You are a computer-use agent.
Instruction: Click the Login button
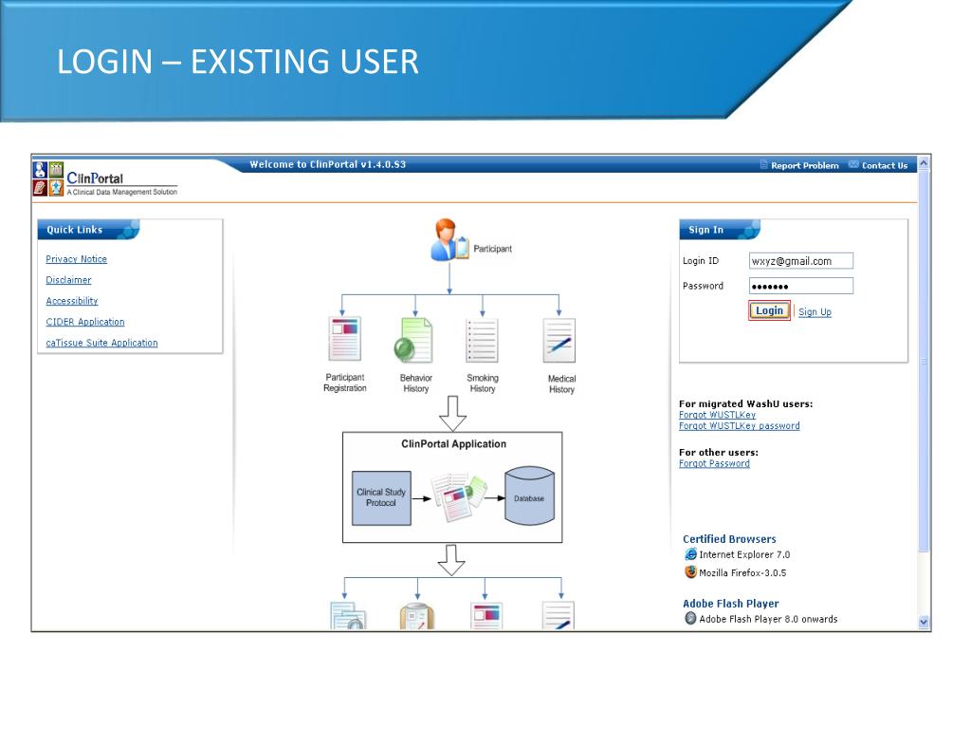click(769, 310)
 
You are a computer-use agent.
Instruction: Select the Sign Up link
click(815, 312)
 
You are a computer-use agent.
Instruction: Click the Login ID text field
click(800, 261)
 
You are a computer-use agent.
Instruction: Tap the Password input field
click(800, 286)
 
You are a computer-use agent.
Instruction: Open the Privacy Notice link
click(76, 259)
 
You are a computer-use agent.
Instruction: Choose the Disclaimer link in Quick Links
click(68, 280)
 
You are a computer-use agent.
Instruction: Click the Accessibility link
click(71, 301)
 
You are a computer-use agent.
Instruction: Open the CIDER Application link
click(84, 322)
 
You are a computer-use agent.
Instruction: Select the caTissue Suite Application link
click(101, 343)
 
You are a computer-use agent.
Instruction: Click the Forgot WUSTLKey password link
click(739, 426)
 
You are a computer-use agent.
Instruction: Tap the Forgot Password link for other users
click(714, 463)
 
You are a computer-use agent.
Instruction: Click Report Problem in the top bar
click(804, 166)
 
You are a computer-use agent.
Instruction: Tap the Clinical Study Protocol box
click(381, 497)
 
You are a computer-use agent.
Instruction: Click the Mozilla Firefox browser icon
click(690, 572)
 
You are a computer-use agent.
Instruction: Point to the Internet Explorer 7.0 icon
click(690, 554)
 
